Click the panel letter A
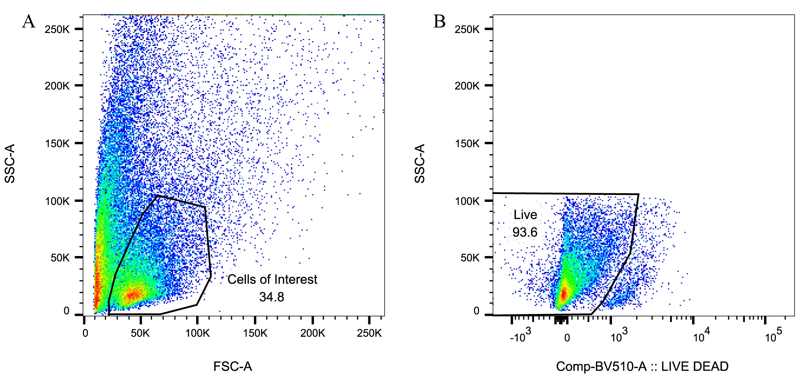coord(29,22)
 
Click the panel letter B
coord(439,22)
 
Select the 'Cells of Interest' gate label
coord(272,279)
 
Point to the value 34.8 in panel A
coord(272,297)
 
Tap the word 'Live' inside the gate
coord(525,214)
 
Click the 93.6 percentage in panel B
coord(525,232)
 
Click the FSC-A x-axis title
coord(233,366)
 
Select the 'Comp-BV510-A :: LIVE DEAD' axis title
coord(642,366)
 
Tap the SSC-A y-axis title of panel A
coord(10,163)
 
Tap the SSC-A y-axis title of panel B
coord(420,163)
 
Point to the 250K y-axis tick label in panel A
coord(57,29)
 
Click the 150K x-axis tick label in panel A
coord(255,333)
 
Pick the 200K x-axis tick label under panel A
coord(312,333)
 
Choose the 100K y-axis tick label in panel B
coord(467,201)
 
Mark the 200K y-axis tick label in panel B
coord(467,86)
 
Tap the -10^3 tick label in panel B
coord(520,336)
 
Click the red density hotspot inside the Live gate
coord(564,293)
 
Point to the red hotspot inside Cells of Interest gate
coord(133,295)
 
